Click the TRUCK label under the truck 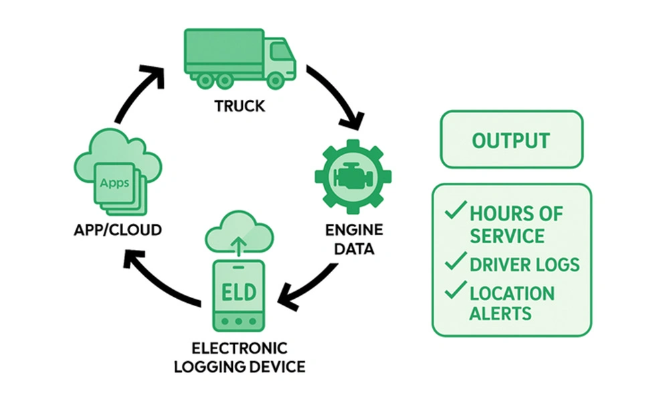[239, 106]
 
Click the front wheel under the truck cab [274, 79]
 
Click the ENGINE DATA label [354, 240]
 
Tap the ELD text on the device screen [238, 292]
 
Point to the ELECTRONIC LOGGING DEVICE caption [239, 358]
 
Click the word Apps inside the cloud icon [114, 182]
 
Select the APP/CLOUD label [118, 230]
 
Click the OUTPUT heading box [511, 140]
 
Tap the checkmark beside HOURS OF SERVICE [455, 212]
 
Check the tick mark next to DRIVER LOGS [455, 262]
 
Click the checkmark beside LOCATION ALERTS [455, 290]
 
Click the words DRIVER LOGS [524, 264]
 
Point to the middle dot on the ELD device [238, 322]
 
